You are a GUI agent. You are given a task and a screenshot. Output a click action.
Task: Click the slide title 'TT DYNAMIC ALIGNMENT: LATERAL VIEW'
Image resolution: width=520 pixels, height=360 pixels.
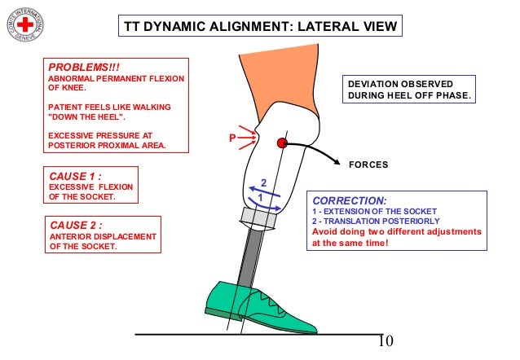(260, 27)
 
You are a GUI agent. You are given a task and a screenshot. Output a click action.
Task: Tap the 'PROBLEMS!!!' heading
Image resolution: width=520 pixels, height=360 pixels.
(77, 66)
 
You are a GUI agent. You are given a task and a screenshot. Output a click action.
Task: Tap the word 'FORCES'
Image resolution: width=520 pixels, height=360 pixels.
(368, 164)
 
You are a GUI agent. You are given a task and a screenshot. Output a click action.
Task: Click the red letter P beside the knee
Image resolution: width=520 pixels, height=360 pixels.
(231, 140)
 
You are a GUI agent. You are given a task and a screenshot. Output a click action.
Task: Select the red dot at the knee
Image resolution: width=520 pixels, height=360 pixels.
(282, 143)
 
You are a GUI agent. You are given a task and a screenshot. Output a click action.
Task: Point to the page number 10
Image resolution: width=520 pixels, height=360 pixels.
(386, 340)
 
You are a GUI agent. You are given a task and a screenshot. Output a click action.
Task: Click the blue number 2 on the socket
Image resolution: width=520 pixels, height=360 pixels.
(263, 182)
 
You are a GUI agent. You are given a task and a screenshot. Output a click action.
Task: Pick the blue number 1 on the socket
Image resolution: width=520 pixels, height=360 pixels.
(260, 198)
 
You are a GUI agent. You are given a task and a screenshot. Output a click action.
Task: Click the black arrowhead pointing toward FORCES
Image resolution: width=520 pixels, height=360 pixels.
(335, 163)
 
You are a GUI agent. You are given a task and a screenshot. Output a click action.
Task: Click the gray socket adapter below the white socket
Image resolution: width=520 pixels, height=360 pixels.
(262, 217)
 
